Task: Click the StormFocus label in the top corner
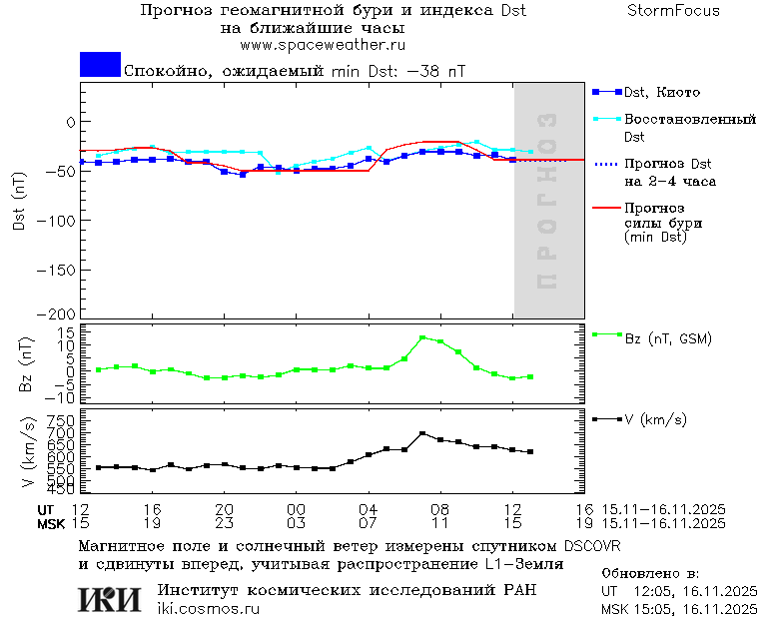tap(673, 11)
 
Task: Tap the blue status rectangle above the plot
tap(100, 64)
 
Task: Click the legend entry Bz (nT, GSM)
tap(667, 338)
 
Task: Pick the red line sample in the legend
tap(605, 208)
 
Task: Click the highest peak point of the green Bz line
tap(422, 337)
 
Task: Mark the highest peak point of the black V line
tap(422, 433)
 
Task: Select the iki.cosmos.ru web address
tap(216, 608)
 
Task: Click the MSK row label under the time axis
tap(51, 522)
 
